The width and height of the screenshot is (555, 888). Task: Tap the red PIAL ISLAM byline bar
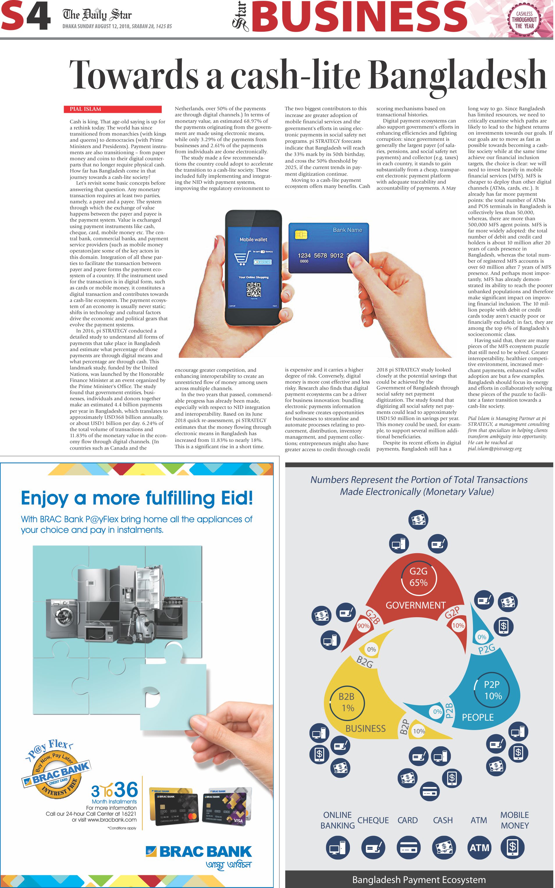tap(113, 109)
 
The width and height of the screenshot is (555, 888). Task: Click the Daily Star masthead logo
tap(97, 15)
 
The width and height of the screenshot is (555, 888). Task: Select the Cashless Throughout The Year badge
tap(524, 20)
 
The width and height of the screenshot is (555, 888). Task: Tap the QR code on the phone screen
tap(254, 290)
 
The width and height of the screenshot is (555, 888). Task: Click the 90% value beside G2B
tap(363, 626)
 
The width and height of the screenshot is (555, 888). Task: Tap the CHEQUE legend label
tap(373, 820)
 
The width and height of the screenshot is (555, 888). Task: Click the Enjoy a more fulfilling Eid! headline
tap(137, 498)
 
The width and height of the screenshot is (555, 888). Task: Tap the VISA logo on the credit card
tap(238, 821)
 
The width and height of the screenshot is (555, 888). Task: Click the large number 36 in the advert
tap(126, 790)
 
